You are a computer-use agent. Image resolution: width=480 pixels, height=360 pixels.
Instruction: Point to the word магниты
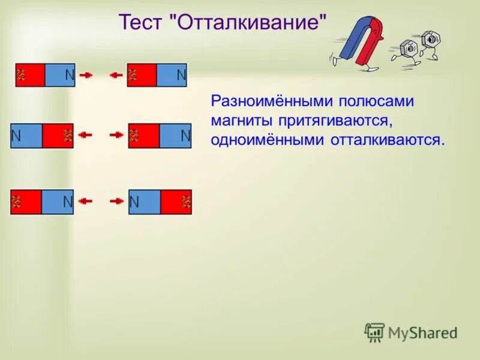[x=239, y=120]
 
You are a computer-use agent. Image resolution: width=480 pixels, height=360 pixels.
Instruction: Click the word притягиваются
[x=336, y=121]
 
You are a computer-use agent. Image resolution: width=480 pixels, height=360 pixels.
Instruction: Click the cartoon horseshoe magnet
[x=361, y=42]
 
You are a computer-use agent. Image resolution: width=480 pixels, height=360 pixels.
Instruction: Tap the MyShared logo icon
[x=374, y=332]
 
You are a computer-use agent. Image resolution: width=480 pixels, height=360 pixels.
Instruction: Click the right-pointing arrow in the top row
[x=86, y=75]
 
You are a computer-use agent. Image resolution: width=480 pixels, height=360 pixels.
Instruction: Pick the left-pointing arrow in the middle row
[x=86, y=136]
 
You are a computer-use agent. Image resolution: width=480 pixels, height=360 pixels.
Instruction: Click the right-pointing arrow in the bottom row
[x=116, y=202]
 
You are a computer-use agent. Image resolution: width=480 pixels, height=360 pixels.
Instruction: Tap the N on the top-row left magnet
[x=69, y=75]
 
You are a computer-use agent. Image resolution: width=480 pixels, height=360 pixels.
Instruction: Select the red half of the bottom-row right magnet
[x=176, y=202]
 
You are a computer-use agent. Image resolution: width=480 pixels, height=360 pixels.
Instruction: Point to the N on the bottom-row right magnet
[x=134, y=202]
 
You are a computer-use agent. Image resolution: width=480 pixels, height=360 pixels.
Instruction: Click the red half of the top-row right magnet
[x=142, y=75]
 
